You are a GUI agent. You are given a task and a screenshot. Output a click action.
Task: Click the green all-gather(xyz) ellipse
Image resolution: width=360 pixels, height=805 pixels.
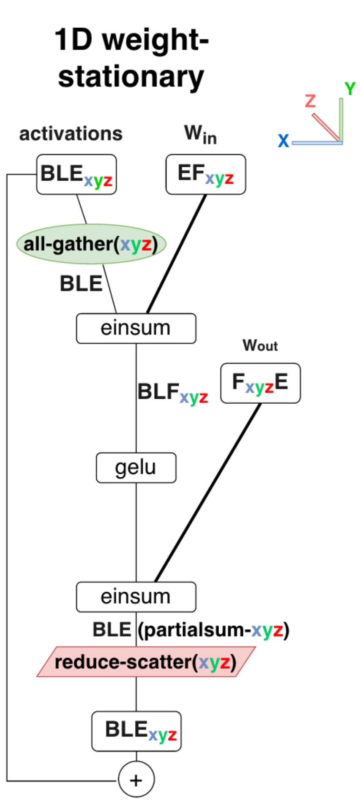pyautogui.click(x=91, y=244)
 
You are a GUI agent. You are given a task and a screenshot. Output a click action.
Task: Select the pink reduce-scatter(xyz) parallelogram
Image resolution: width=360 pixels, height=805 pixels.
pyautogui.click(x=146, y=662)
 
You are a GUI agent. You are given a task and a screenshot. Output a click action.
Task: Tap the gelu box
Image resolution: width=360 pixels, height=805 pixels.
pyautogui.click(x=136, y=468)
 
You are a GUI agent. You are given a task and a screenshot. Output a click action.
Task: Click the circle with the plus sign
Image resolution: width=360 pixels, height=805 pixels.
pyautogui.click(x=136, y=780)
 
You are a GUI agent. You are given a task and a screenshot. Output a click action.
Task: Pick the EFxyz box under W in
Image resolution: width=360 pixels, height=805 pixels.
pyautogui.click(x=206, y=174)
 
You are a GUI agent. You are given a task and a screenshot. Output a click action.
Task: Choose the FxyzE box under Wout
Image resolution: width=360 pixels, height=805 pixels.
pyautogui.click(x=260, y=383)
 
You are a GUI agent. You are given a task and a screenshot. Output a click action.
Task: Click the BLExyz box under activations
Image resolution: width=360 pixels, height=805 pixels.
pyautogui.click(x=76, y=174)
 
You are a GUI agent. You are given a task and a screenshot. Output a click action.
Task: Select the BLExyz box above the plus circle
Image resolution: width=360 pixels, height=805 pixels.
pyautogui.click(x=136, y=732)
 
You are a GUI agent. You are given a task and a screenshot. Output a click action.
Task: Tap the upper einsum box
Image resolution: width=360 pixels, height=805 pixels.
pyautogui.click(x=136, y=328)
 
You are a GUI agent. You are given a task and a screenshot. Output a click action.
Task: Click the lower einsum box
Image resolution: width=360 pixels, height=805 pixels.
pyautogui.click(x=136, y=597)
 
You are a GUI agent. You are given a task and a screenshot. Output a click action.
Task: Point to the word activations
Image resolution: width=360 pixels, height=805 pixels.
pyautogui.click(x=71, y=134)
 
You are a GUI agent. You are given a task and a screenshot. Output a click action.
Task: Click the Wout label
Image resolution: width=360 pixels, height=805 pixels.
pyautogui.click(x=260, y=345)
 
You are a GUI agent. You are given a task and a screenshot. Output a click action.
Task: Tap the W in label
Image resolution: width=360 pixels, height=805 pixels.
pyautogui.click(x=200, y=134)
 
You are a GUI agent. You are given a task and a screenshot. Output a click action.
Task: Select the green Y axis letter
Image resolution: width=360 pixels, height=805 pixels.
pyautogui.click(x=350, y=89)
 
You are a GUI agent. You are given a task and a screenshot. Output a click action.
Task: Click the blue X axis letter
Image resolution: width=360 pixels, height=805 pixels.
pyautogui.click(x=283, y=141)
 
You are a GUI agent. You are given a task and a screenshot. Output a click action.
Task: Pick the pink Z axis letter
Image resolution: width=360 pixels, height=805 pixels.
pyautogui.click(x=310, y=101)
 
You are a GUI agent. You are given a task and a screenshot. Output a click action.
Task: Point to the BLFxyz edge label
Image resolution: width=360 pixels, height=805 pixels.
pyautogui.click(x=173, y=393)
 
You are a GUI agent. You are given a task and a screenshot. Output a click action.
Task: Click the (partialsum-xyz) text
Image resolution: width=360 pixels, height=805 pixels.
pyautogui.click(x=214, y=630)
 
